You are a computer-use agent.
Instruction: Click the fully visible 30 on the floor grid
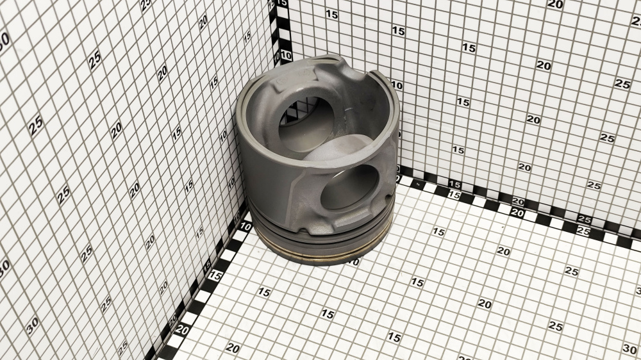pyautogui.click(x=630, y=348)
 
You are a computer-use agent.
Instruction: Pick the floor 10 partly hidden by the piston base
pyautogui.click(x=354, y=262)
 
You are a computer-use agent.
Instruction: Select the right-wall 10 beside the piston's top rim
pyautogui.click(x=397, y=85)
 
